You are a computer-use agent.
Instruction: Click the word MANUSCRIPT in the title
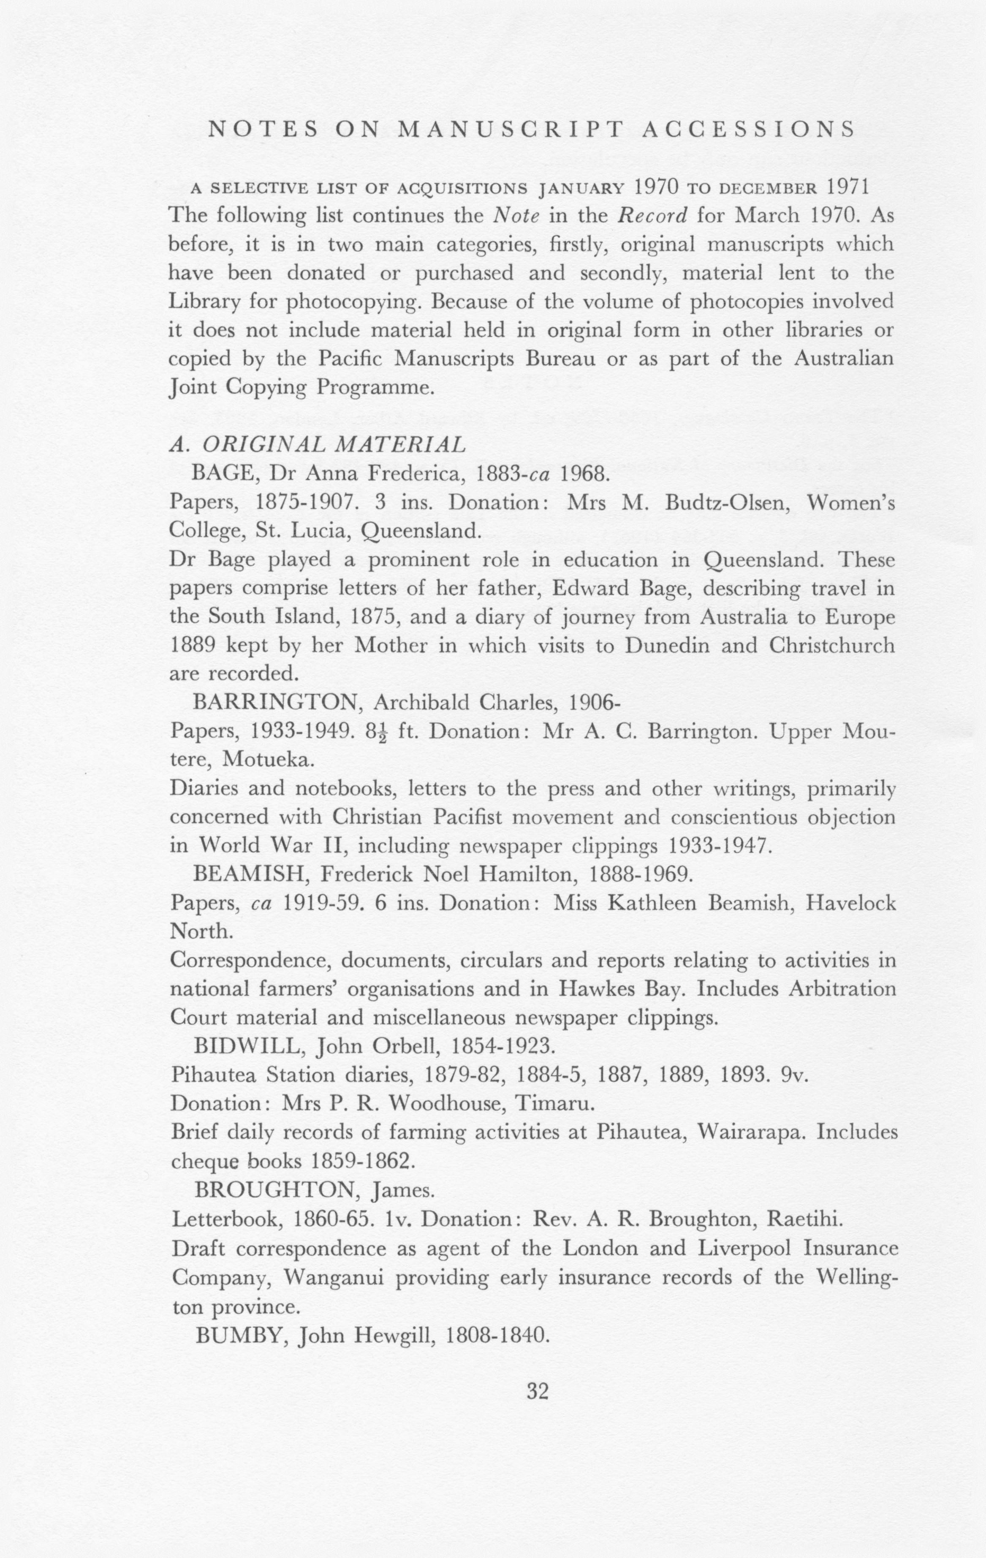pos(511,130)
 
